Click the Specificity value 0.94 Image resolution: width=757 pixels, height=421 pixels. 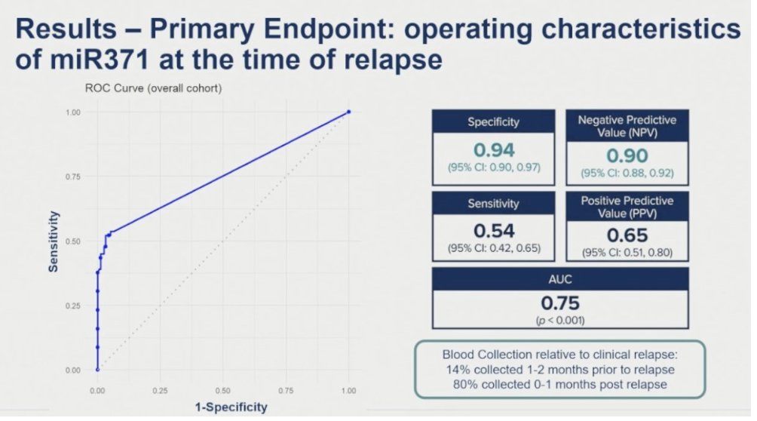(x=494, y=150)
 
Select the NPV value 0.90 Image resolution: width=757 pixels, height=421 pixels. (x=627, y=155)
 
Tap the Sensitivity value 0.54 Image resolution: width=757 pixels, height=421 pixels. (x=494, y=231)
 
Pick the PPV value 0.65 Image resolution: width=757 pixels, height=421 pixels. (x=627, y=235)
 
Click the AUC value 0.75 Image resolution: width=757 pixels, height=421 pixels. (x=560, y=303)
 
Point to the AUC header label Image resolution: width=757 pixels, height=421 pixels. (x=560, y=279)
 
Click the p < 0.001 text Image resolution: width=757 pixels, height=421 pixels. (x=560, y=320)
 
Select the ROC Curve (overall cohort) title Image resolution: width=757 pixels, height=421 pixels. (x=153, y=88)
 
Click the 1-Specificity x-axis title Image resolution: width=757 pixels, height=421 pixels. (x=231, y=407)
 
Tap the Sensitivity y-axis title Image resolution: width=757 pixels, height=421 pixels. (x=53, y=241)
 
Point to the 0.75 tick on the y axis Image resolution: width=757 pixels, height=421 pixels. (x=73, y=177)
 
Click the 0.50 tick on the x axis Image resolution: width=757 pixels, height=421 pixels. (x=222, y=391)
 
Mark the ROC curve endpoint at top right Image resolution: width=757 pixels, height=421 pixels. (x=348, y=112)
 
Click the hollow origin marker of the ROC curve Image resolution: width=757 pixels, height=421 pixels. (x=97, y=370)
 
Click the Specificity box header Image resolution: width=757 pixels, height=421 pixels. (x=493, y=121)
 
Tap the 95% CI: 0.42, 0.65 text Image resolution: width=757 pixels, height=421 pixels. (x=494, y=248)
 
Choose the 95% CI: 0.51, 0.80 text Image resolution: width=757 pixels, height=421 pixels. (x=627, y=252)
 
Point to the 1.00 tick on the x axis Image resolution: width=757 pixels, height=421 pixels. (x=348, y=391)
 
